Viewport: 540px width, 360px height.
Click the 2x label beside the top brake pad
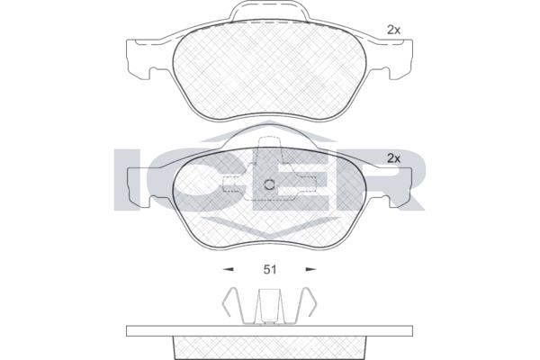pyautogui.click(x=393, y=31)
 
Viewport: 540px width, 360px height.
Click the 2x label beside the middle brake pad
pyautogui.click(x=393, y=158)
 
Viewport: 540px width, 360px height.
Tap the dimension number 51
pyautogui.click(x=270, y=269)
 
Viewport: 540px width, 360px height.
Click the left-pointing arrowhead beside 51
pyautogui.click(x=228, y=269)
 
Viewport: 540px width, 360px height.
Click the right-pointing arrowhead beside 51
pyautogui.click(x=311, y=269)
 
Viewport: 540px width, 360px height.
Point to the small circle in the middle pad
pyautogui.click(x=269, y=185)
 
